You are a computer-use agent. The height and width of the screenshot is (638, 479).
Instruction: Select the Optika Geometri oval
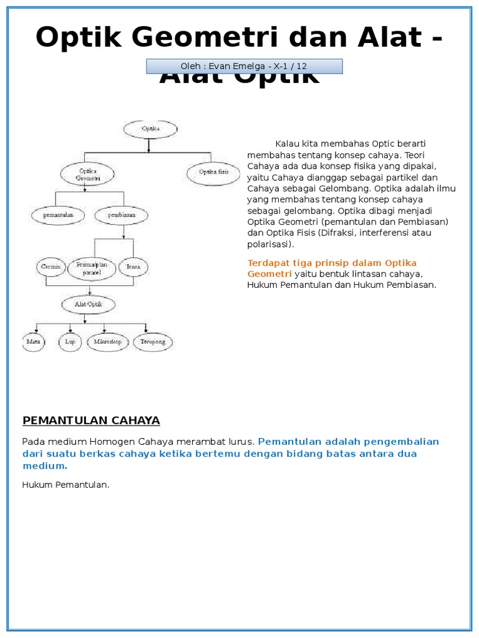87,174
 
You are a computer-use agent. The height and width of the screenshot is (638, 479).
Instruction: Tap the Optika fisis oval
213,172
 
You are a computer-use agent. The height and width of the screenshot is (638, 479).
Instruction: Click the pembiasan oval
122,216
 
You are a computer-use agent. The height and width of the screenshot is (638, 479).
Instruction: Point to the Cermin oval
51,267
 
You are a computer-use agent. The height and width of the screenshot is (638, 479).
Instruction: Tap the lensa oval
133,267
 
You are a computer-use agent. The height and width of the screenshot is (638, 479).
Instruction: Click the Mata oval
34,342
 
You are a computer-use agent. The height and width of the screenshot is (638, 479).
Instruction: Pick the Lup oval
70,342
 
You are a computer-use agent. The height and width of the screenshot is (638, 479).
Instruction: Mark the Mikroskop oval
107,342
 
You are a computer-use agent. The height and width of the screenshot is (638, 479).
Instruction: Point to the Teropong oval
153,342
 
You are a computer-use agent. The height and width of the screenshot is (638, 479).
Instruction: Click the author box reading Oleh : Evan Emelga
244,66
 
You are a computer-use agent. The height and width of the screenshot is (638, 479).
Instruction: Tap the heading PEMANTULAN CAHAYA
91,421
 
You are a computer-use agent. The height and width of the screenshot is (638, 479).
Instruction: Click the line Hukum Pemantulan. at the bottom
65,485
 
